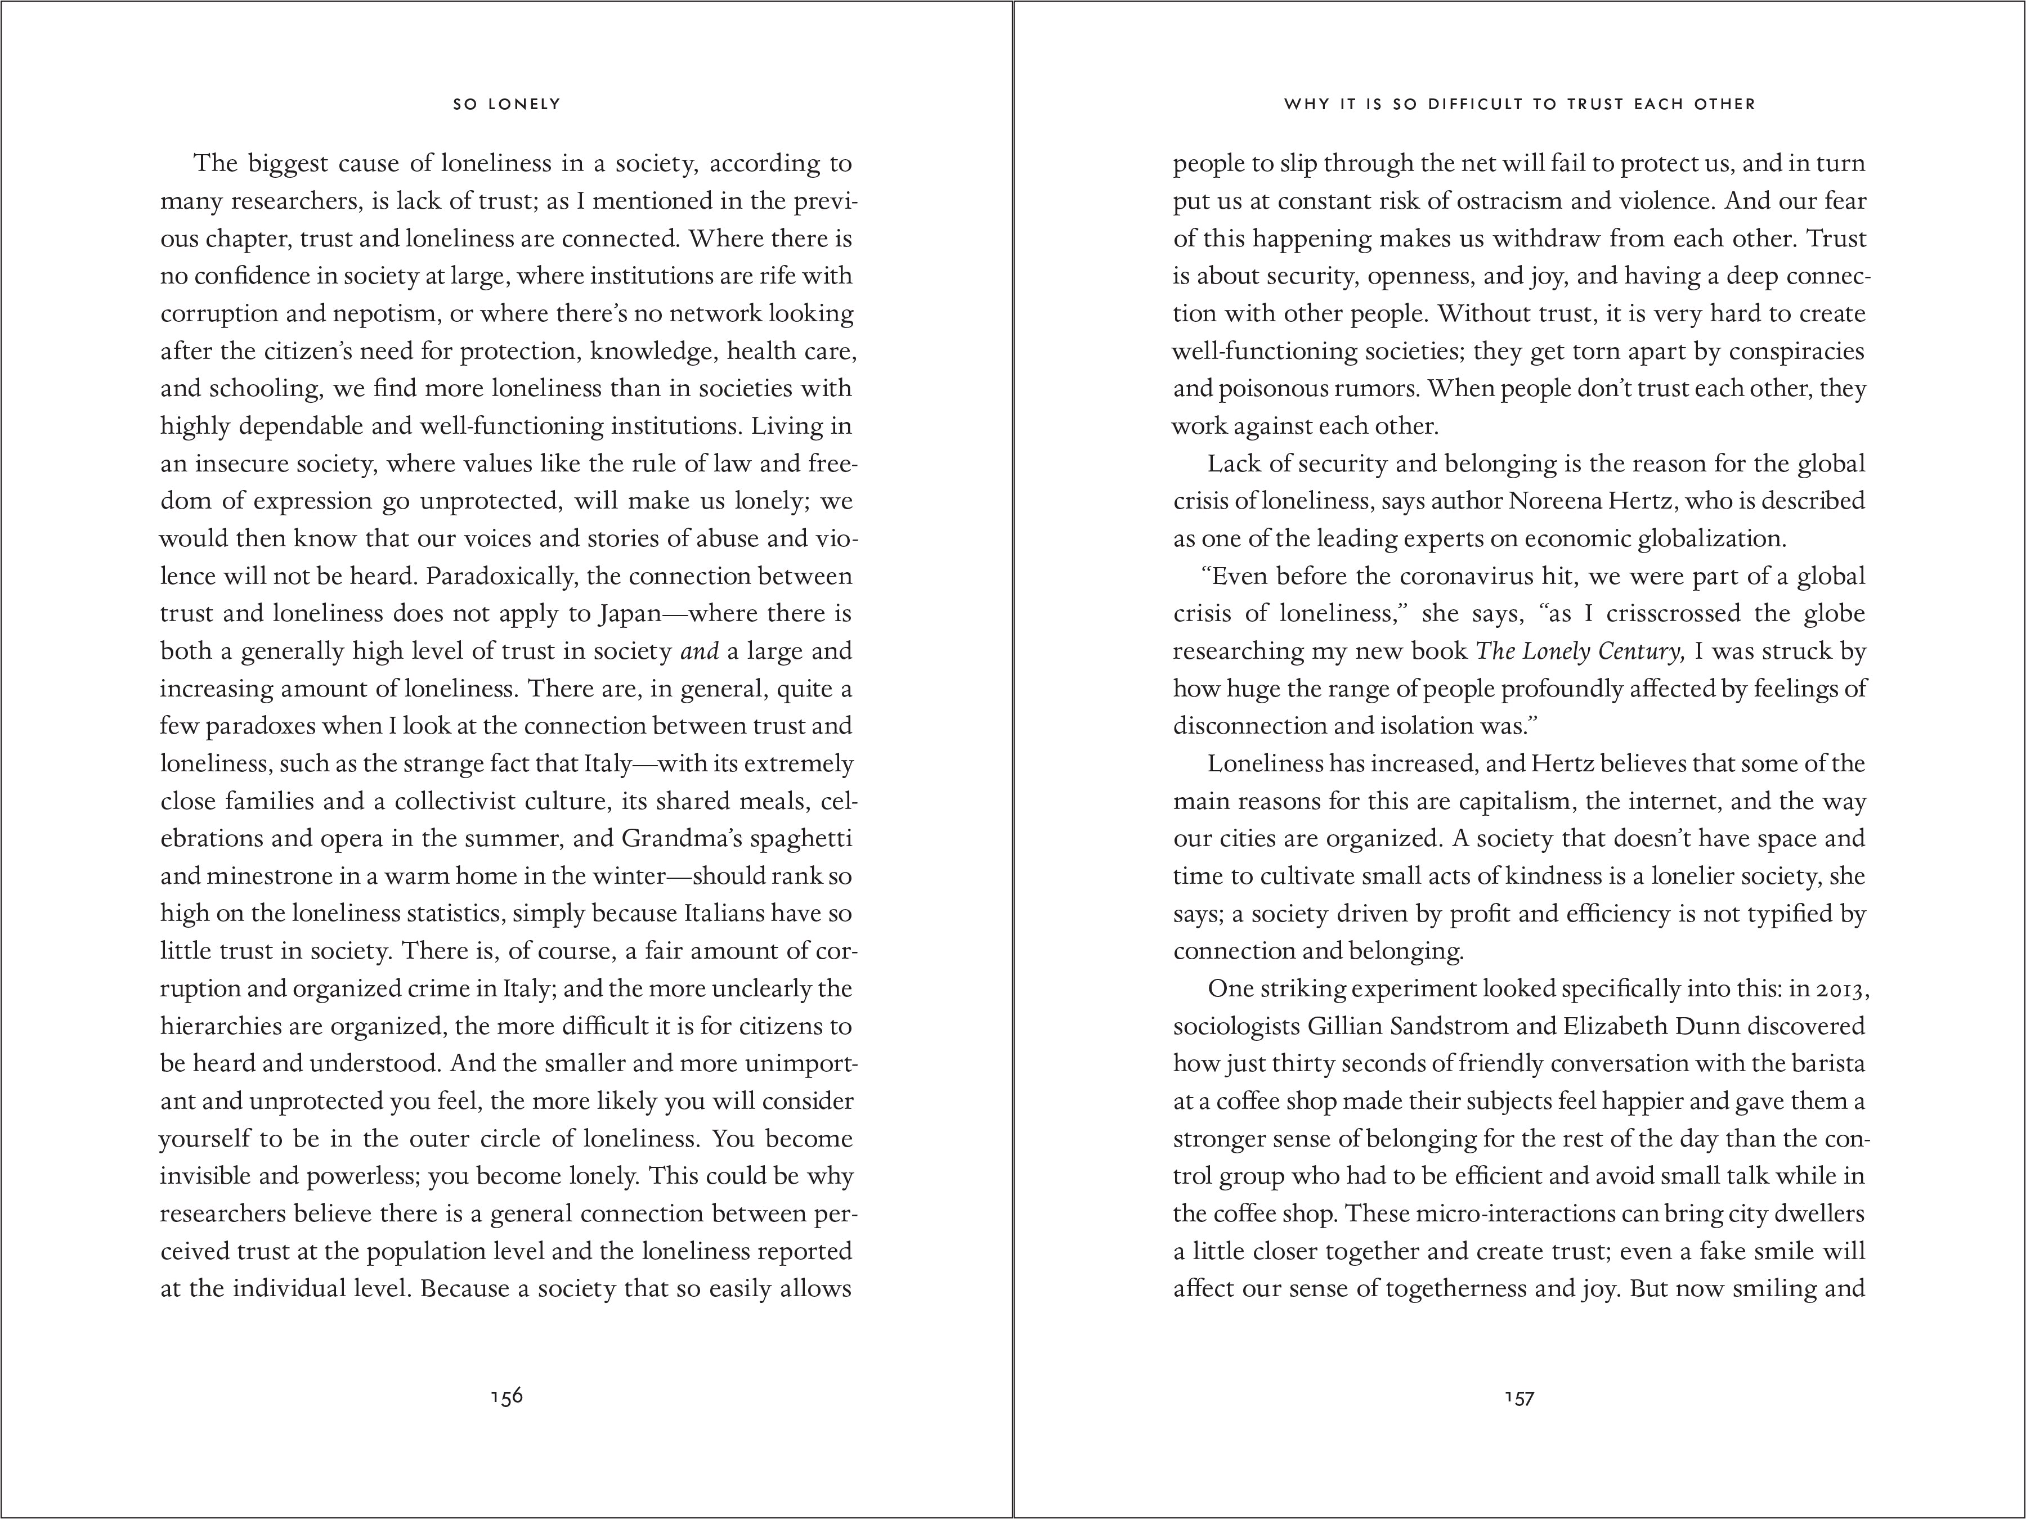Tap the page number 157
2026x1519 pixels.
click(1520, 1397)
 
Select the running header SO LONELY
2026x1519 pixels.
click(507, 105)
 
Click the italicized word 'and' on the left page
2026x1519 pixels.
click(699, 651)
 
